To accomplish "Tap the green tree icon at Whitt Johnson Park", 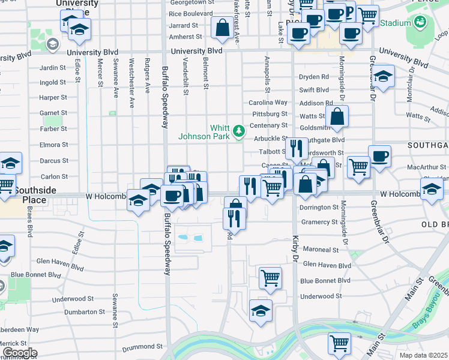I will (x=239, y=130).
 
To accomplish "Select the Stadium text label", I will (x=394, y=23).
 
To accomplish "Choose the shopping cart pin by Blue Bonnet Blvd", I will (x=270, y=277).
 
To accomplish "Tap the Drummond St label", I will (x=142, y=346).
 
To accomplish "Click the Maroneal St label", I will (x=321, y=249).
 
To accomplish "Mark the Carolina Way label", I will (x=268, y=103).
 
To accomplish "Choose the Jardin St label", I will (x=52, y=68).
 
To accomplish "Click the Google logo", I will (x=20, y=353).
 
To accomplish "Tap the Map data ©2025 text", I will (x=424, y=355).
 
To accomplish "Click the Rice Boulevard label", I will (x=191, y=13).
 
